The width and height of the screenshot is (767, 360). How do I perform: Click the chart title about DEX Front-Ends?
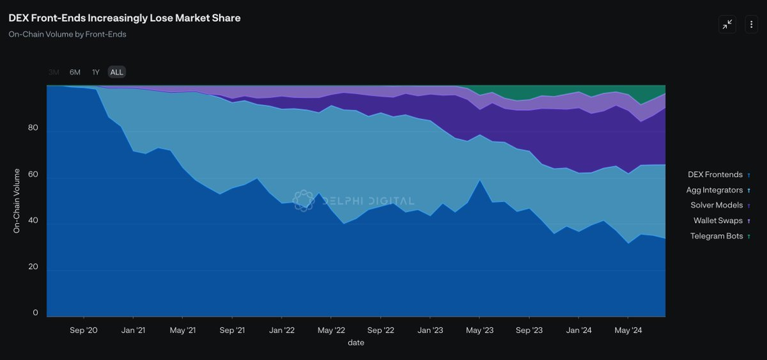click(125, 18)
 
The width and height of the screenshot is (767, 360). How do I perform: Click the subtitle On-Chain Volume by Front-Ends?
click(67, 35)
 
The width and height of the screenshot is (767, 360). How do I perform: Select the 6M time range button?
click(75, 72)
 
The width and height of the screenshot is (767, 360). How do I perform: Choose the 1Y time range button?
click(96, 72)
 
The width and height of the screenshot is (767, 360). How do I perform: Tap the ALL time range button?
click(116, 72)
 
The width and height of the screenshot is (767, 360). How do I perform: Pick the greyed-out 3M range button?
click(54, 72)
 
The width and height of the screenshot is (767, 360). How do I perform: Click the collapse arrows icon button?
click(727, 24)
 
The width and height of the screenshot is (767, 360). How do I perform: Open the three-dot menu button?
click(751, 24)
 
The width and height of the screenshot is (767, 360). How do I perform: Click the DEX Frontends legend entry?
click(715, 175)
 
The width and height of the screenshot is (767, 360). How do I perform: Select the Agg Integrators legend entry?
click(715, 190)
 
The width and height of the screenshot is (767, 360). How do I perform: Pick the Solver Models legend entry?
click(717, 205)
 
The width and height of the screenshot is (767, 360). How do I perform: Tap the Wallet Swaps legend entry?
click(718, 221)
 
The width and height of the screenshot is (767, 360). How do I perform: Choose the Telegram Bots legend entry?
click(717, 236)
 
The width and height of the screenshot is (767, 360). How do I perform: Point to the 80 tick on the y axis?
click(33, 128)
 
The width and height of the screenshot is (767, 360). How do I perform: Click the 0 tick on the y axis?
click(35, 313)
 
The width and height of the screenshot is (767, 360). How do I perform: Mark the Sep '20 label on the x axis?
click(83, 331)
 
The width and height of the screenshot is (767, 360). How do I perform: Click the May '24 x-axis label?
click(628, 331)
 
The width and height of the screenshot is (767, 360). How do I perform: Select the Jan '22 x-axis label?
click(281, 331)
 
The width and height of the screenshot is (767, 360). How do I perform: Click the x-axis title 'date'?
click(356, 343)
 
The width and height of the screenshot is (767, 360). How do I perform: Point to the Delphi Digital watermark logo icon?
click(304, 200)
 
